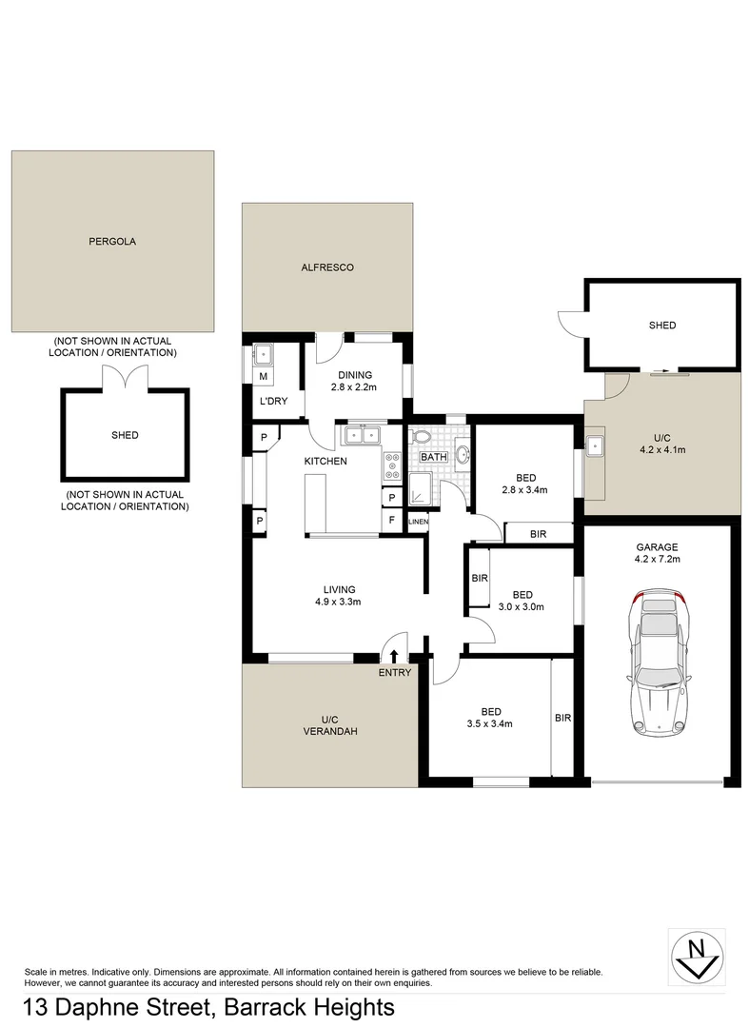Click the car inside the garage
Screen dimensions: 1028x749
(x=657, y=662)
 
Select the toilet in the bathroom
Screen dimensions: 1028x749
(x=423, y=438)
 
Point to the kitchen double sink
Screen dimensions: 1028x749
(x=361, y=436)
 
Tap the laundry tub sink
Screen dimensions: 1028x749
(x=264, y=357)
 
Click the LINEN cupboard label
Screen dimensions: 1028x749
(x=418, y=523)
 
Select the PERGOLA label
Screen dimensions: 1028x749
(x=112, y=242)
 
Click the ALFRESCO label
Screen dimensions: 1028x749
(x=327, y=267)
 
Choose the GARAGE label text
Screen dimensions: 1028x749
(x=657, y=546)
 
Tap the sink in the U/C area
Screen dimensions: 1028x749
(x=595, y=445)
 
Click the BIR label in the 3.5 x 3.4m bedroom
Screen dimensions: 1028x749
(x=562, y=718)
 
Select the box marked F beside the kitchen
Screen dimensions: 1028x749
(x=391, y=522)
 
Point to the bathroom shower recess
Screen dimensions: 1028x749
(x=420, y=492)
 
